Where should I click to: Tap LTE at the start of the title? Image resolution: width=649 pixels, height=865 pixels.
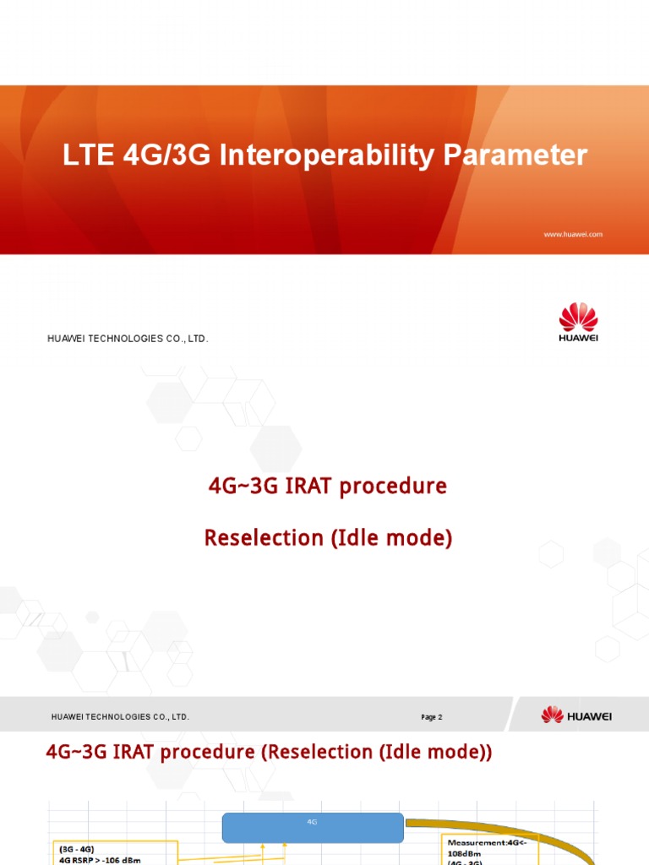(x=86, y=155)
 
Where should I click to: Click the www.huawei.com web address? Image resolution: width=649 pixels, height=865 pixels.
(x=572, y=234)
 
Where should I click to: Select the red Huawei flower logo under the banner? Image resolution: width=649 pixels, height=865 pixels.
(x=578, y=317)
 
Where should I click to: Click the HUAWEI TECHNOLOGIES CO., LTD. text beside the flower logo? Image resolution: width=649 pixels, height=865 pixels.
(x=128, y=339)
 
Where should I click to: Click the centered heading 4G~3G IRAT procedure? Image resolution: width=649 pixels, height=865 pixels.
(x=327, y=487)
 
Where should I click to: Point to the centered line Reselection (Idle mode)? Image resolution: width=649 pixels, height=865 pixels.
(x=328, y=538)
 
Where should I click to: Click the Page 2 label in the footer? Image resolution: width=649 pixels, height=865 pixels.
(x=431, y=717)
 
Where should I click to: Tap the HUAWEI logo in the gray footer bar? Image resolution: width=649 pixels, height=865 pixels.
(x=576, y=715)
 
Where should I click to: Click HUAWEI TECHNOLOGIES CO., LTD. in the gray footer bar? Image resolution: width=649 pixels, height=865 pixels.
(x=120, y=717)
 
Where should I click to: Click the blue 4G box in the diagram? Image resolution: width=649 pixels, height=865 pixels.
(x=312, y=828)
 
